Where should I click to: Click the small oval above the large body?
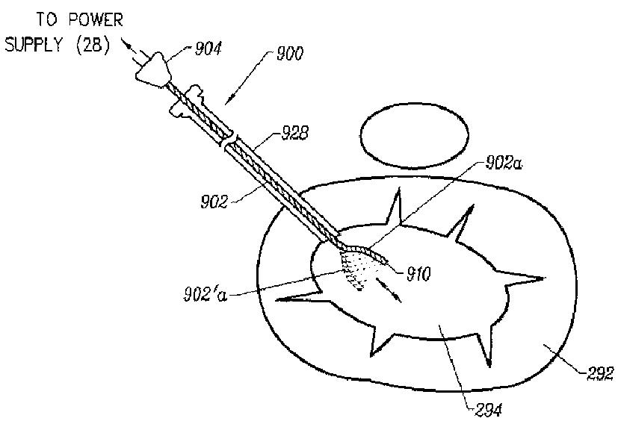(x=414, y=137)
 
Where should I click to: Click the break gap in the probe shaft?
(x=232, y=139)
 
